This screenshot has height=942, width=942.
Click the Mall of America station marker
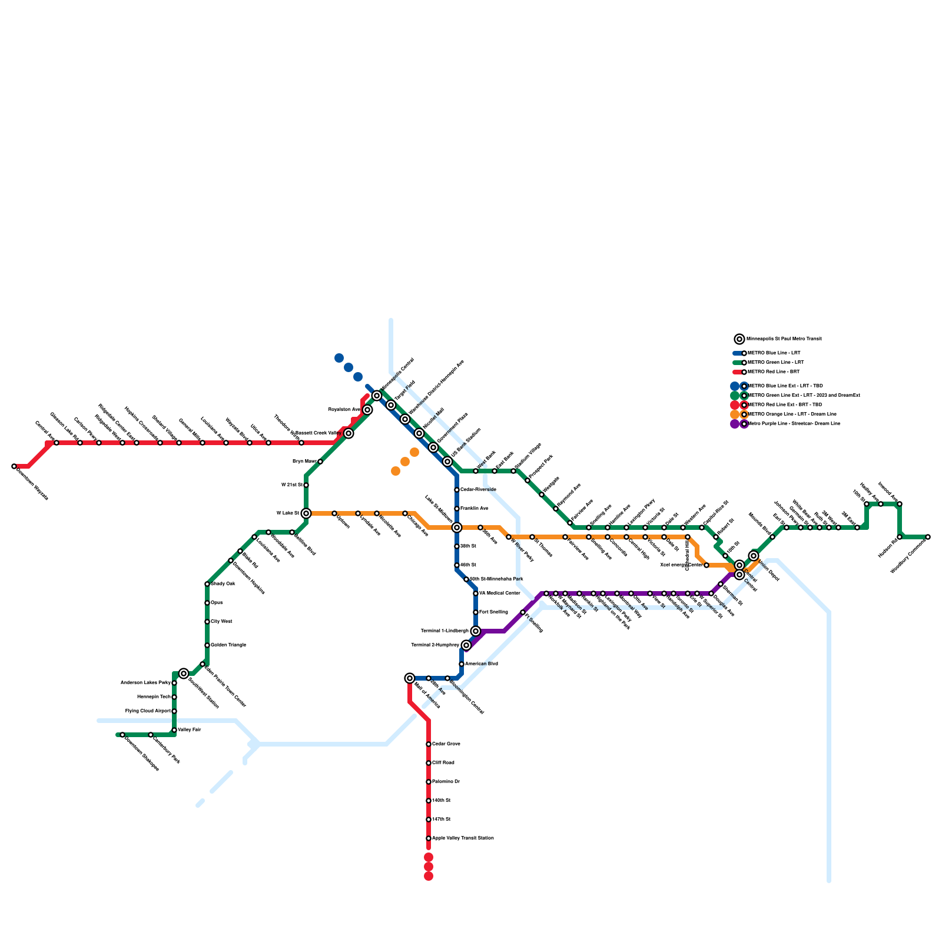410,678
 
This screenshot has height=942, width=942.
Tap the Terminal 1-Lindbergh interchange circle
476,631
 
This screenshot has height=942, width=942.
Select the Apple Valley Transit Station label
463,838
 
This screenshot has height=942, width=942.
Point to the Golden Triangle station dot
207,645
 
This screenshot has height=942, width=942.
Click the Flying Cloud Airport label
148,711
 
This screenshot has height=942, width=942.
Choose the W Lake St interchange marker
306,513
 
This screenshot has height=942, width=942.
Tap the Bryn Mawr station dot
320,462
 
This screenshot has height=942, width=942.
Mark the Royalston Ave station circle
367,410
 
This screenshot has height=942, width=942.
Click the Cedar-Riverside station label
478,490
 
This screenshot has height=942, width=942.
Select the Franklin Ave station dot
457,509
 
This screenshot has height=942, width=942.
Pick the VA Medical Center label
500,593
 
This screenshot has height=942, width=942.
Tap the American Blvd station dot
462,664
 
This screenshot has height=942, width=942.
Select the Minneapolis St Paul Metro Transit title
784,339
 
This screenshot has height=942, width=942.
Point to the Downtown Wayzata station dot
14,466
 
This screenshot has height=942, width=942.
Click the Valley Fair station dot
174,730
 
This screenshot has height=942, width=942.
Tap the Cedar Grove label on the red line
446,744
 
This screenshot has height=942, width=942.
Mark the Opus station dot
207,603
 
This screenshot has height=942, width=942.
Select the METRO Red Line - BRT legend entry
773,372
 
